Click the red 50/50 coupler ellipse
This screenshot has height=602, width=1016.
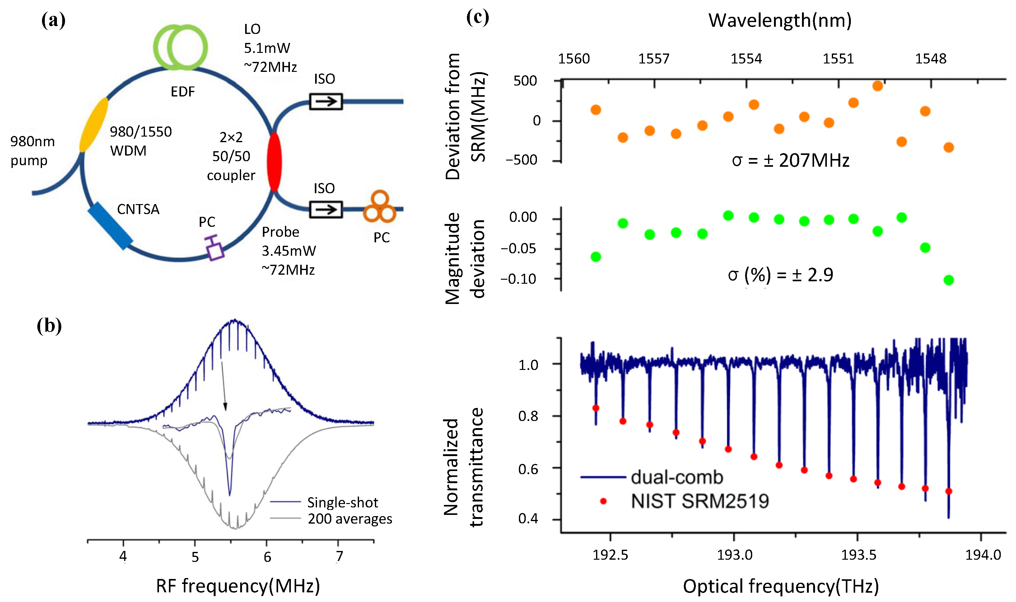pyautogui.click(x=274, y=161)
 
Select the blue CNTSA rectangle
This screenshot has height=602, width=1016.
pyautogui.click(x=110, y=226)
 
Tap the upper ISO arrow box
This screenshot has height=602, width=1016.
pyautogui.click(x=326, y=101)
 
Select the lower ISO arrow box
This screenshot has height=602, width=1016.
pyautogui.click(x=326, y=210)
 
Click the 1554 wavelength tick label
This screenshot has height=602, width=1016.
pyautogui.click(x=746, y=59)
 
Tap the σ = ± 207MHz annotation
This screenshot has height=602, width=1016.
pyautogui.click(x=790, y=161)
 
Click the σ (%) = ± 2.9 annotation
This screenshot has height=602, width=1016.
pyautogui.click(x=780, y=275)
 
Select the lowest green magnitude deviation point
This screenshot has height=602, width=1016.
pyautogui.click(x=948, y=280)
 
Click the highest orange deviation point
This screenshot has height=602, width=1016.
pyautogui.click(x=877, y=86)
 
